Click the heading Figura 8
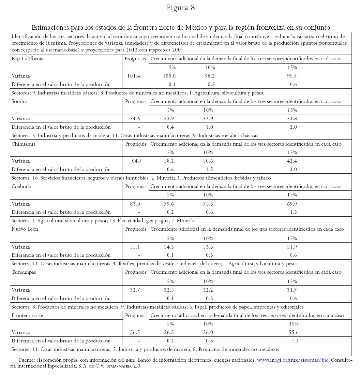180,8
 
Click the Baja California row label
27,59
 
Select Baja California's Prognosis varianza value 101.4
134,76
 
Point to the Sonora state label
19,101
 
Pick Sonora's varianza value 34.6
135,119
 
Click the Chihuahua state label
23,144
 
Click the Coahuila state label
21,186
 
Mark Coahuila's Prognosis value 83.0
135,204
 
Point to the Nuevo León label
25,229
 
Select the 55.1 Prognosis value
135,247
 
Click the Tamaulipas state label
24,272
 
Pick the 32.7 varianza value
135,290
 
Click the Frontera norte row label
27,315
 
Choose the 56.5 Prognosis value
135,332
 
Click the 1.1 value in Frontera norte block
295,341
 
